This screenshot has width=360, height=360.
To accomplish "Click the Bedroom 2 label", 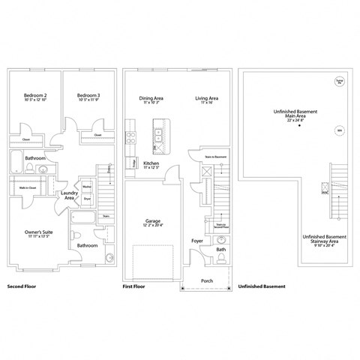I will [x=35, y=95].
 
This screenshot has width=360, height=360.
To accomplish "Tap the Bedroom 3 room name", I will [x=88, y=95].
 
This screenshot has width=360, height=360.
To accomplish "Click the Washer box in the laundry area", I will [x=87, y=187].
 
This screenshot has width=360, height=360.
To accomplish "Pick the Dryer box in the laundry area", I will [x=87, y=199].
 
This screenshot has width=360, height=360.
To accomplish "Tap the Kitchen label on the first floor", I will [x=151, y=163].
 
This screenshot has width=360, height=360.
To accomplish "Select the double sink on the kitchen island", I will [x=159, y=135].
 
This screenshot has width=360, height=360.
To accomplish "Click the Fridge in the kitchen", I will [x=132, y=163].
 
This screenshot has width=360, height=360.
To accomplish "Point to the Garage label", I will [x=153, y=222].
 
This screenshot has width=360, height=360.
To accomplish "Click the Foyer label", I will [x=196, y=241].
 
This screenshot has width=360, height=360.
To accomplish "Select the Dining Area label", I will [x=152, y=98].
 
